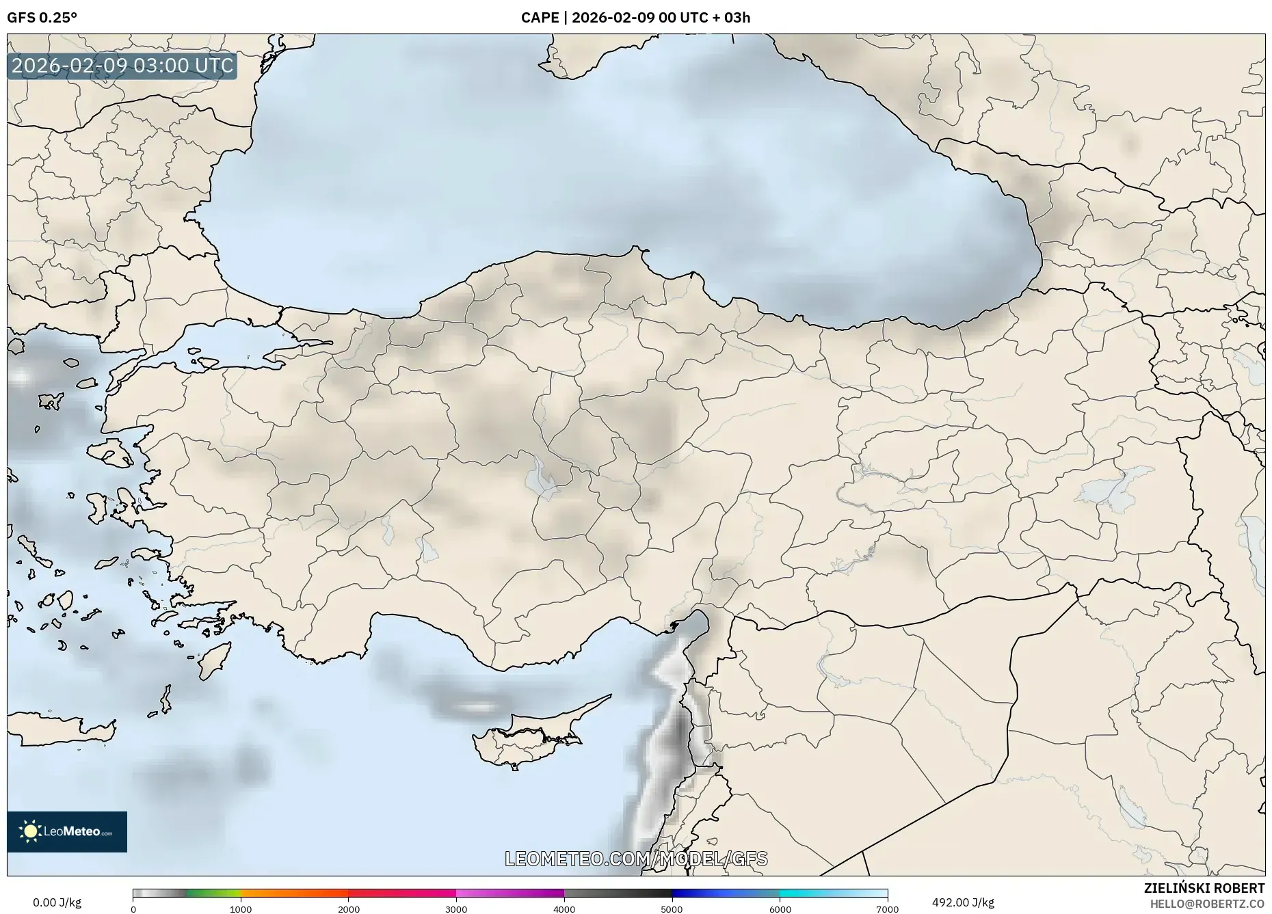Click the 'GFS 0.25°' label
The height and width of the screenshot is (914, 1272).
(x=42, y=18)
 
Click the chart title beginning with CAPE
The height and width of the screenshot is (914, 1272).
(x=635, y=18)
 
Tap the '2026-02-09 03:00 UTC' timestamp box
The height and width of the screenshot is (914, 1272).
(x=122, y=66)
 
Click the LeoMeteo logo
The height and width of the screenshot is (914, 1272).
(x=67, y=831)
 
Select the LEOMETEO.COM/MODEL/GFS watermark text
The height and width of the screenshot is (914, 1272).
(x=636, y=859)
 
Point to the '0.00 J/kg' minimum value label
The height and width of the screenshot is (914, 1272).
(x=57, y=902)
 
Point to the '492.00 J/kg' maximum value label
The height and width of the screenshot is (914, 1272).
(x=963, y=902)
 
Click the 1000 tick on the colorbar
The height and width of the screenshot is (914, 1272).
(x=241, y=909)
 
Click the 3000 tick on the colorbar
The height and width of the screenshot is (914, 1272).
(x=456, y=909)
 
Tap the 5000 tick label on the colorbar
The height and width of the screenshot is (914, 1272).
(x=672, y=909)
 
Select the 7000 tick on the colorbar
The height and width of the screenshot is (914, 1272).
(x=887, y=909)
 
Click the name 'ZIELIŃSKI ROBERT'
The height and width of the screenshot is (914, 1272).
(x=1204, y=888)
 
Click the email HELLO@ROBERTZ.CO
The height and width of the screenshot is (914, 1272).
(x=1207, y=904)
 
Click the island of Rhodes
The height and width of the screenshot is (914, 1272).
(x=213, y=660)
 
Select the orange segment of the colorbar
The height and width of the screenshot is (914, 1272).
(x=294, y=893)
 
